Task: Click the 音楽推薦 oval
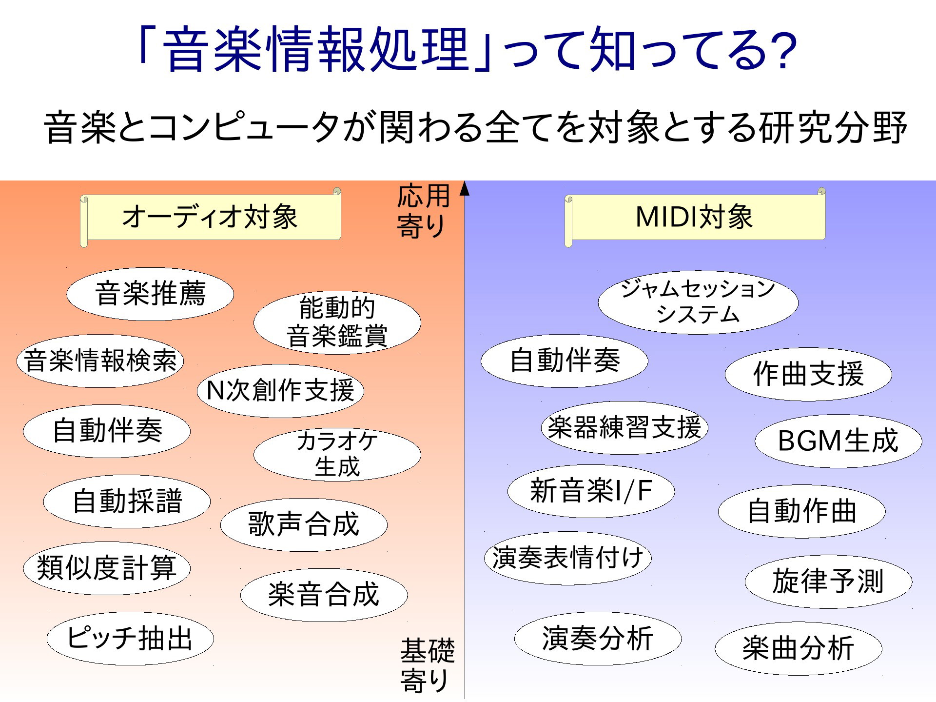click(x=150, y=294)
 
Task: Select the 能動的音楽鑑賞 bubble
click(x=337, y=322)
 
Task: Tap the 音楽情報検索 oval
click(x=100, y=361)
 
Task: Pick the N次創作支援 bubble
click(x=280, y=390)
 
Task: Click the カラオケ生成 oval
click(x=337, y=454)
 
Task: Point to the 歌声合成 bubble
click(x=304, y=524)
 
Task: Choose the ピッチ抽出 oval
click(x=130, y=639)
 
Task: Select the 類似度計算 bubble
click(x=107, y=568)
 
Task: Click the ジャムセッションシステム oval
click(x=698, y=302)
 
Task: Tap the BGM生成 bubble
click(x=838, y=441)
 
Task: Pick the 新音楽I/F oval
click(x=591, y=491)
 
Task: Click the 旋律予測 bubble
click(x=828, y=582)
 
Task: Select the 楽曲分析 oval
click(x=799, y=648)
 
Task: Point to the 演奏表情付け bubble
click(x=567, y=558)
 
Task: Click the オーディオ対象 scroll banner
click(x=211, y=217)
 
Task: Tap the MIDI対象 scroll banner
click(x=695, y=217)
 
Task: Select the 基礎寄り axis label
click(x=427, y=665)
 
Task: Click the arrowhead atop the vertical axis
click(x=465, y=188)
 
